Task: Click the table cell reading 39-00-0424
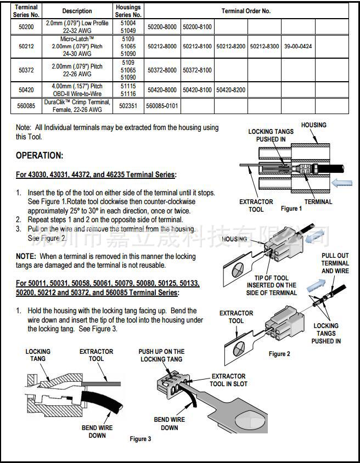click(x=298, y=47)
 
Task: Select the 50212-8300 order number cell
click(x=264, y=47)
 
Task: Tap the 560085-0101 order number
click(x=162, y=105)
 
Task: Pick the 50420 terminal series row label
click(x=26, y=89)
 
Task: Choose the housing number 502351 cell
click(x=128, y=105)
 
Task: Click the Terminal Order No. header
click(x=246, y=11)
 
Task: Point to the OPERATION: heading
click(x=40, y=156)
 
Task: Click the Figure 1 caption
click(x=291, y=208)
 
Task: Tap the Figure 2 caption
click(x=279, y=354)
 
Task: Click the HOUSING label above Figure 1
click(x=313, y=125)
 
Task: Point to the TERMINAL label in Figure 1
click(x=318, y=201)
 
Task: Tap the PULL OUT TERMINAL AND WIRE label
click(x=335, y=263)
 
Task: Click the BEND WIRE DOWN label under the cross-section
click(x=97, y=431)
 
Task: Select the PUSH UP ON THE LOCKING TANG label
click(x=161, y=355)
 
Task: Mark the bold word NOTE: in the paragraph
click(x=26, y=256)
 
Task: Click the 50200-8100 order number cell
click(x=197, y=26)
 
